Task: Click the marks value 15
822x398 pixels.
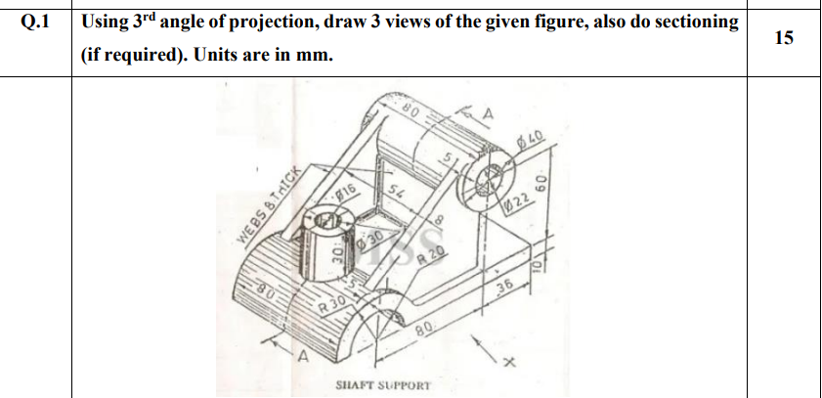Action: point(784,38)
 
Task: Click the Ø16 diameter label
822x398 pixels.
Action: point(343,195)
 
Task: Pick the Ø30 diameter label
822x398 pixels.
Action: point(368,241)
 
